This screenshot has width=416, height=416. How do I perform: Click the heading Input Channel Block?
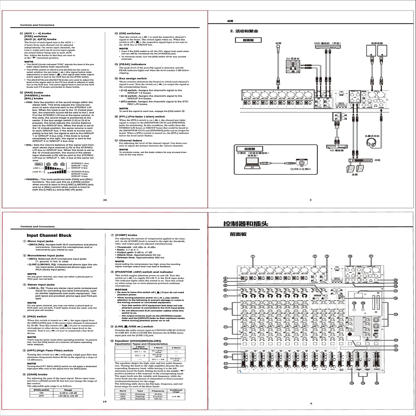(x=49, y=235)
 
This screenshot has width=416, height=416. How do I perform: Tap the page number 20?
(x=105, y=200)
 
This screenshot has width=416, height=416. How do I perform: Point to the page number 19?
(x=105, y=402)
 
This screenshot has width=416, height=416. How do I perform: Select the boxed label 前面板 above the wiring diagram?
(x=248, y=40)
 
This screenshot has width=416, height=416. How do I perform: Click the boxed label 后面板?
(x=250, y=149)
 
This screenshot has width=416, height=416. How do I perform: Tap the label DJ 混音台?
(x=293, y=59)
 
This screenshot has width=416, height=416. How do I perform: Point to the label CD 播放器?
(x=336, y=150)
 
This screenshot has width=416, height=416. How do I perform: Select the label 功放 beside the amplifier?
(x=377, y=160)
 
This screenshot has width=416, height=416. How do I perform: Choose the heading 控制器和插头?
(x=246, y=224)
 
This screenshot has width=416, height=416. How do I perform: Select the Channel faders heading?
(x=130, y=140)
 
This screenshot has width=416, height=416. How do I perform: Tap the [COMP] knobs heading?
(x=126, y=235)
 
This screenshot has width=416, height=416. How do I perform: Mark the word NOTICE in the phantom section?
(x=121, y=290)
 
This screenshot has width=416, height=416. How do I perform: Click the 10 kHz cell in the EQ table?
(x=158, y=394)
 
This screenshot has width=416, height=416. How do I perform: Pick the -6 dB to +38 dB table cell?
(x=68, y=393)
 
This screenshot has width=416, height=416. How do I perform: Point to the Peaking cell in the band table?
(x=140, y=397)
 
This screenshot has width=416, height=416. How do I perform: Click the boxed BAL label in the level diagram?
(x=39, y=164)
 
